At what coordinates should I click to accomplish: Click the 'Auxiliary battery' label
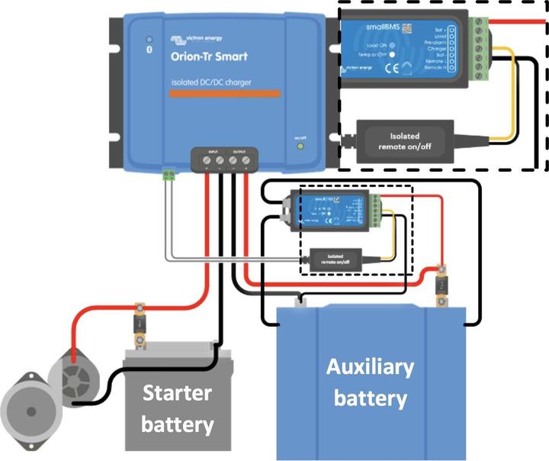(x=370, y=382)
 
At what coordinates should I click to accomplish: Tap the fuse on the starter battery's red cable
(x=140, y=321)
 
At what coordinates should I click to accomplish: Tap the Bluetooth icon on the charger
(x=149, y=39)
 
